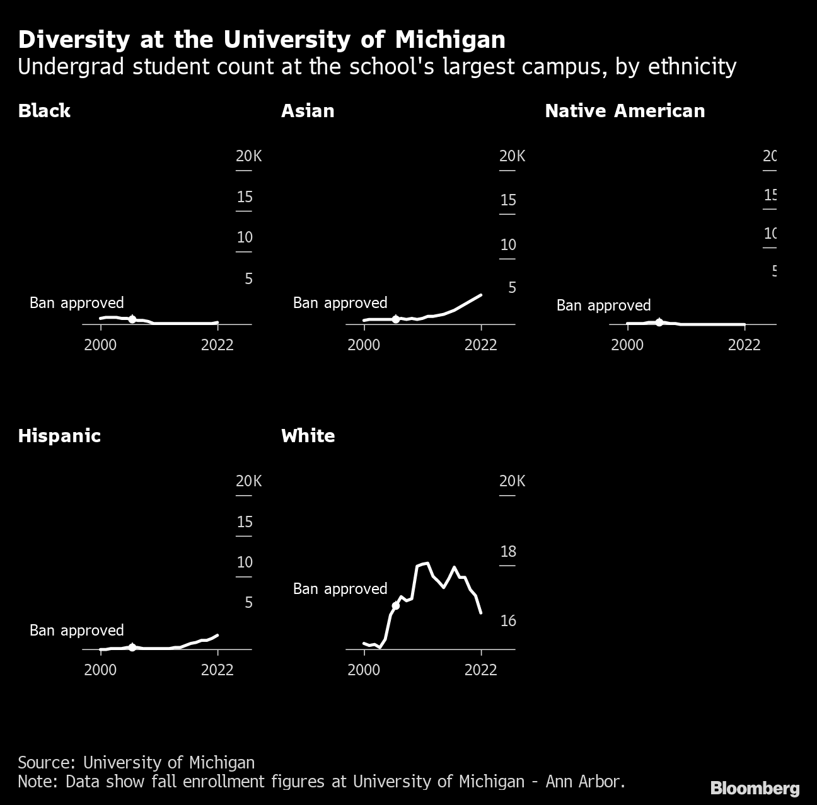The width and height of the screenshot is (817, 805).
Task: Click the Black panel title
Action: click(x=44, y=111)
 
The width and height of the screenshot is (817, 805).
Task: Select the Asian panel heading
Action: click(x=308, y=111)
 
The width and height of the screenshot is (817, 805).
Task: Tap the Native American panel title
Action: click(x=625, y=111)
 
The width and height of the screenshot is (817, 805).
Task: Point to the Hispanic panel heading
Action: click(x=59, y=436)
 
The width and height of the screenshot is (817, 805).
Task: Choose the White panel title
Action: click(x=308, y=436)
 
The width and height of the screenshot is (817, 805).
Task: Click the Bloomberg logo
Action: click(x=755, y=788)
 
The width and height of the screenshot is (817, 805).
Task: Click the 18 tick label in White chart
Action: click(x=508, y=552)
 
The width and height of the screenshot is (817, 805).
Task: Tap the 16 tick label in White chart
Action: click(x=508, y=621)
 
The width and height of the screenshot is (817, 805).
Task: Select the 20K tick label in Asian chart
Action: click(x=512, y=156)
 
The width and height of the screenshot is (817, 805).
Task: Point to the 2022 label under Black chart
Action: click(x=217, y=345)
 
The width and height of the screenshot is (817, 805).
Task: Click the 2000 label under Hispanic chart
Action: click(x=100, y=670)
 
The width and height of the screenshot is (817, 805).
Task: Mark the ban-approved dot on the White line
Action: click(x=396, y=605)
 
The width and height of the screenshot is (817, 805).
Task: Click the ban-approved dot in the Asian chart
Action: click(x=395, y=319)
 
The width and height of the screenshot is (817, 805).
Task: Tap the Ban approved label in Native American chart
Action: click(x=603, y=305)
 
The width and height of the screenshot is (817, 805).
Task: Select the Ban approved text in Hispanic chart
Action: click(x=77, y=631)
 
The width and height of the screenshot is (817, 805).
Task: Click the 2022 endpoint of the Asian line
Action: click(x=481, y=295)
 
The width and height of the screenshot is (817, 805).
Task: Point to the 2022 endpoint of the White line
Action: click(x=481, y=612)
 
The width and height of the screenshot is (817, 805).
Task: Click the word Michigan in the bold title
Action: click(x=450, y=40)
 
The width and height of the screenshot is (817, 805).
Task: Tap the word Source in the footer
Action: click(x=45, y=763)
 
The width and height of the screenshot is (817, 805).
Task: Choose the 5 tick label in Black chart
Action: click(x=248, y=278)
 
